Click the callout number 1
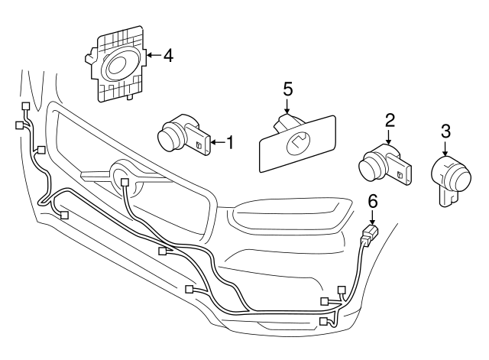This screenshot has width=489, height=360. [x=227, y=141]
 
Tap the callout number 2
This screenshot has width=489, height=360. [x=390, y=119]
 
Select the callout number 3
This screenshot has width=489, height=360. [x=445, y=131]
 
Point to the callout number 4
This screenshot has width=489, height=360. [x=169, y=55]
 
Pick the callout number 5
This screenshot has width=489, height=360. [x=288, y=89]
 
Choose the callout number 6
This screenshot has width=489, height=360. [x=373, y=202]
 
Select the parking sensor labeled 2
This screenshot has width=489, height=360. [x=385, y=162]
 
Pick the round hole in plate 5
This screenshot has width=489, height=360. [x=296, y=141]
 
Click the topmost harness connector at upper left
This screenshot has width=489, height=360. [x=26, y=106]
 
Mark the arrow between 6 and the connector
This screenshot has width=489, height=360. [x=373, y=216]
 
